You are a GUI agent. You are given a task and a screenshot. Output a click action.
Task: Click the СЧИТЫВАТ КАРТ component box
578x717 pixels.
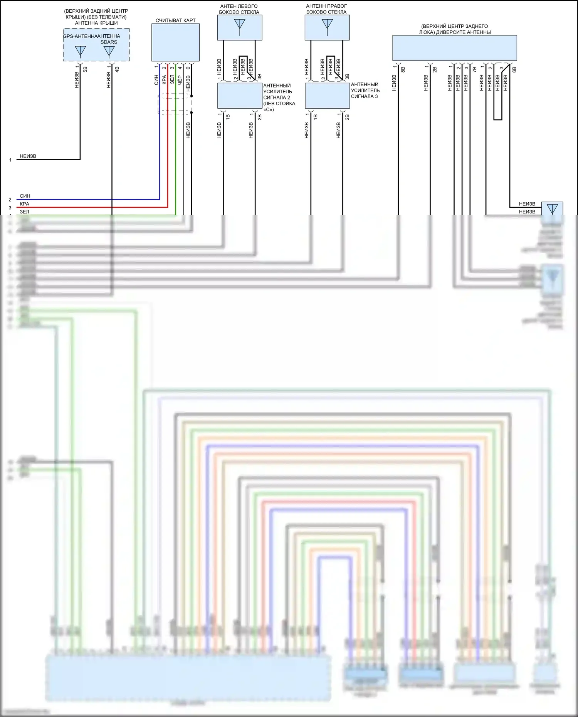tap(175, 42)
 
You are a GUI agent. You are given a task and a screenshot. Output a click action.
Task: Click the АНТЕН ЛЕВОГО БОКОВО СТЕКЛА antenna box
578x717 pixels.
tap(239, 27)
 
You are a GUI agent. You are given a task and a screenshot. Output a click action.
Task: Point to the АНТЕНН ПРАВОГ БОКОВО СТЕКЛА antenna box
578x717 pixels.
tap(327, 27)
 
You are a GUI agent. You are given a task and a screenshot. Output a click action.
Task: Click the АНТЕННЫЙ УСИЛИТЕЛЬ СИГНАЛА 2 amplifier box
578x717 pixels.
tap(240, 96)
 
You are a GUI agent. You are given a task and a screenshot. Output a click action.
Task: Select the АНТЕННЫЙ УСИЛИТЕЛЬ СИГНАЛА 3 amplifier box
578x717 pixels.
tap(327, 96)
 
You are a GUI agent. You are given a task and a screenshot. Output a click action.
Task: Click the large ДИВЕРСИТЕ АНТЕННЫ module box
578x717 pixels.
tap(454, 48)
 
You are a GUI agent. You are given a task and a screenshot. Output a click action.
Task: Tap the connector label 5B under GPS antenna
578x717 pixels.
tap(85, 69)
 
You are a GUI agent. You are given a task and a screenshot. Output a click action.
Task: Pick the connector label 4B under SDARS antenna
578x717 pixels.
tap(117, 69)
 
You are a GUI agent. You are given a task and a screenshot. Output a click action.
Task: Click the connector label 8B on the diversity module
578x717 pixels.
tap(403, 70)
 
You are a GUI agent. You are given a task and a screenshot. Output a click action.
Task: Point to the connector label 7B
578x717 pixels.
tap(474, 70)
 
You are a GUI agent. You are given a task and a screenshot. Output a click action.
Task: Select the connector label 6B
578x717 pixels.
tap(514, 70)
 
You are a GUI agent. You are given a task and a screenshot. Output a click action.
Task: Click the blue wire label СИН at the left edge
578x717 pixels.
tap(25, 196)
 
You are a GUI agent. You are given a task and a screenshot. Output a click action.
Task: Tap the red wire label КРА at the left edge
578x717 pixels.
tap(24, 204)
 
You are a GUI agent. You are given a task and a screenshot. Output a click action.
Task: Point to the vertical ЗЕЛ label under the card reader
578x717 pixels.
tap(172, 79)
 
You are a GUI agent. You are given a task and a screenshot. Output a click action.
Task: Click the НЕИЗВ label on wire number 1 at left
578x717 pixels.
tap(28, 156)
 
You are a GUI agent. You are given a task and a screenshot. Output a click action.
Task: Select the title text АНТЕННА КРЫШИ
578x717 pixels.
tap(96, 23)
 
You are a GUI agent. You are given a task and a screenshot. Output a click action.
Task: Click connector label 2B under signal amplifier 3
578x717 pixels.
tap(347, 117)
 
